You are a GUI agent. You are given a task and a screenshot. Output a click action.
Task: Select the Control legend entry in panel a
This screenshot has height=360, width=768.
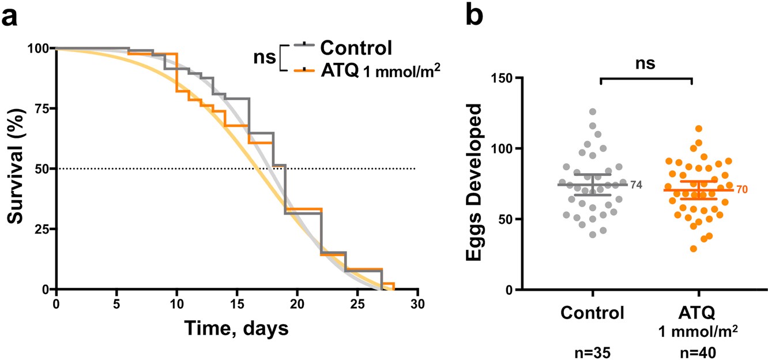tap(358, 47)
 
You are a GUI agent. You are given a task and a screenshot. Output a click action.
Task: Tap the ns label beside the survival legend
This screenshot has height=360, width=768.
tap(265, 58)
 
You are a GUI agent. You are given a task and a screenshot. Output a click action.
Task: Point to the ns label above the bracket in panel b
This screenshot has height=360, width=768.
tap(646, 63)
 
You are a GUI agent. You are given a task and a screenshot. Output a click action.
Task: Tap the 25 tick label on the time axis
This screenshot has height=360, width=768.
tap(357, 303)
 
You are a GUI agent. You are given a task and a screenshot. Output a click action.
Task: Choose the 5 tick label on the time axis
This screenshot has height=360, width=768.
tap(117, 303)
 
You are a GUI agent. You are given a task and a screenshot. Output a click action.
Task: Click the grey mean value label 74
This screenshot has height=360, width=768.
tap(636, 185)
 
